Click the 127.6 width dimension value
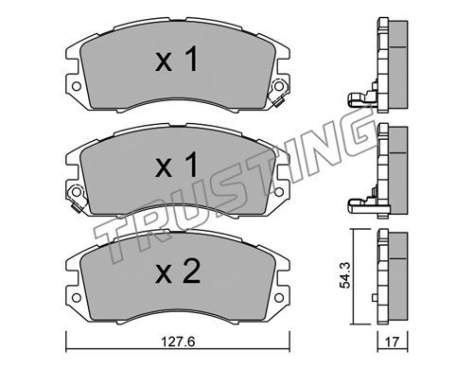click(x=177, y=342)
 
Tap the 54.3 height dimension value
click(x=344, y=277)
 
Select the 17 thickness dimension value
click(x=393, y=342)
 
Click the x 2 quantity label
click(x=178, y=272)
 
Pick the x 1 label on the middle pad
click(x=177, y=165)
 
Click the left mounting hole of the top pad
click(x=76, y=86)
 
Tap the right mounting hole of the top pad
click(x=278, y=86)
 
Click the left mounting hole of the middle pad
click(x=76, y=192)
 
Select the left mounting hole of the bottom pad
click(x=76, y=298)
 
